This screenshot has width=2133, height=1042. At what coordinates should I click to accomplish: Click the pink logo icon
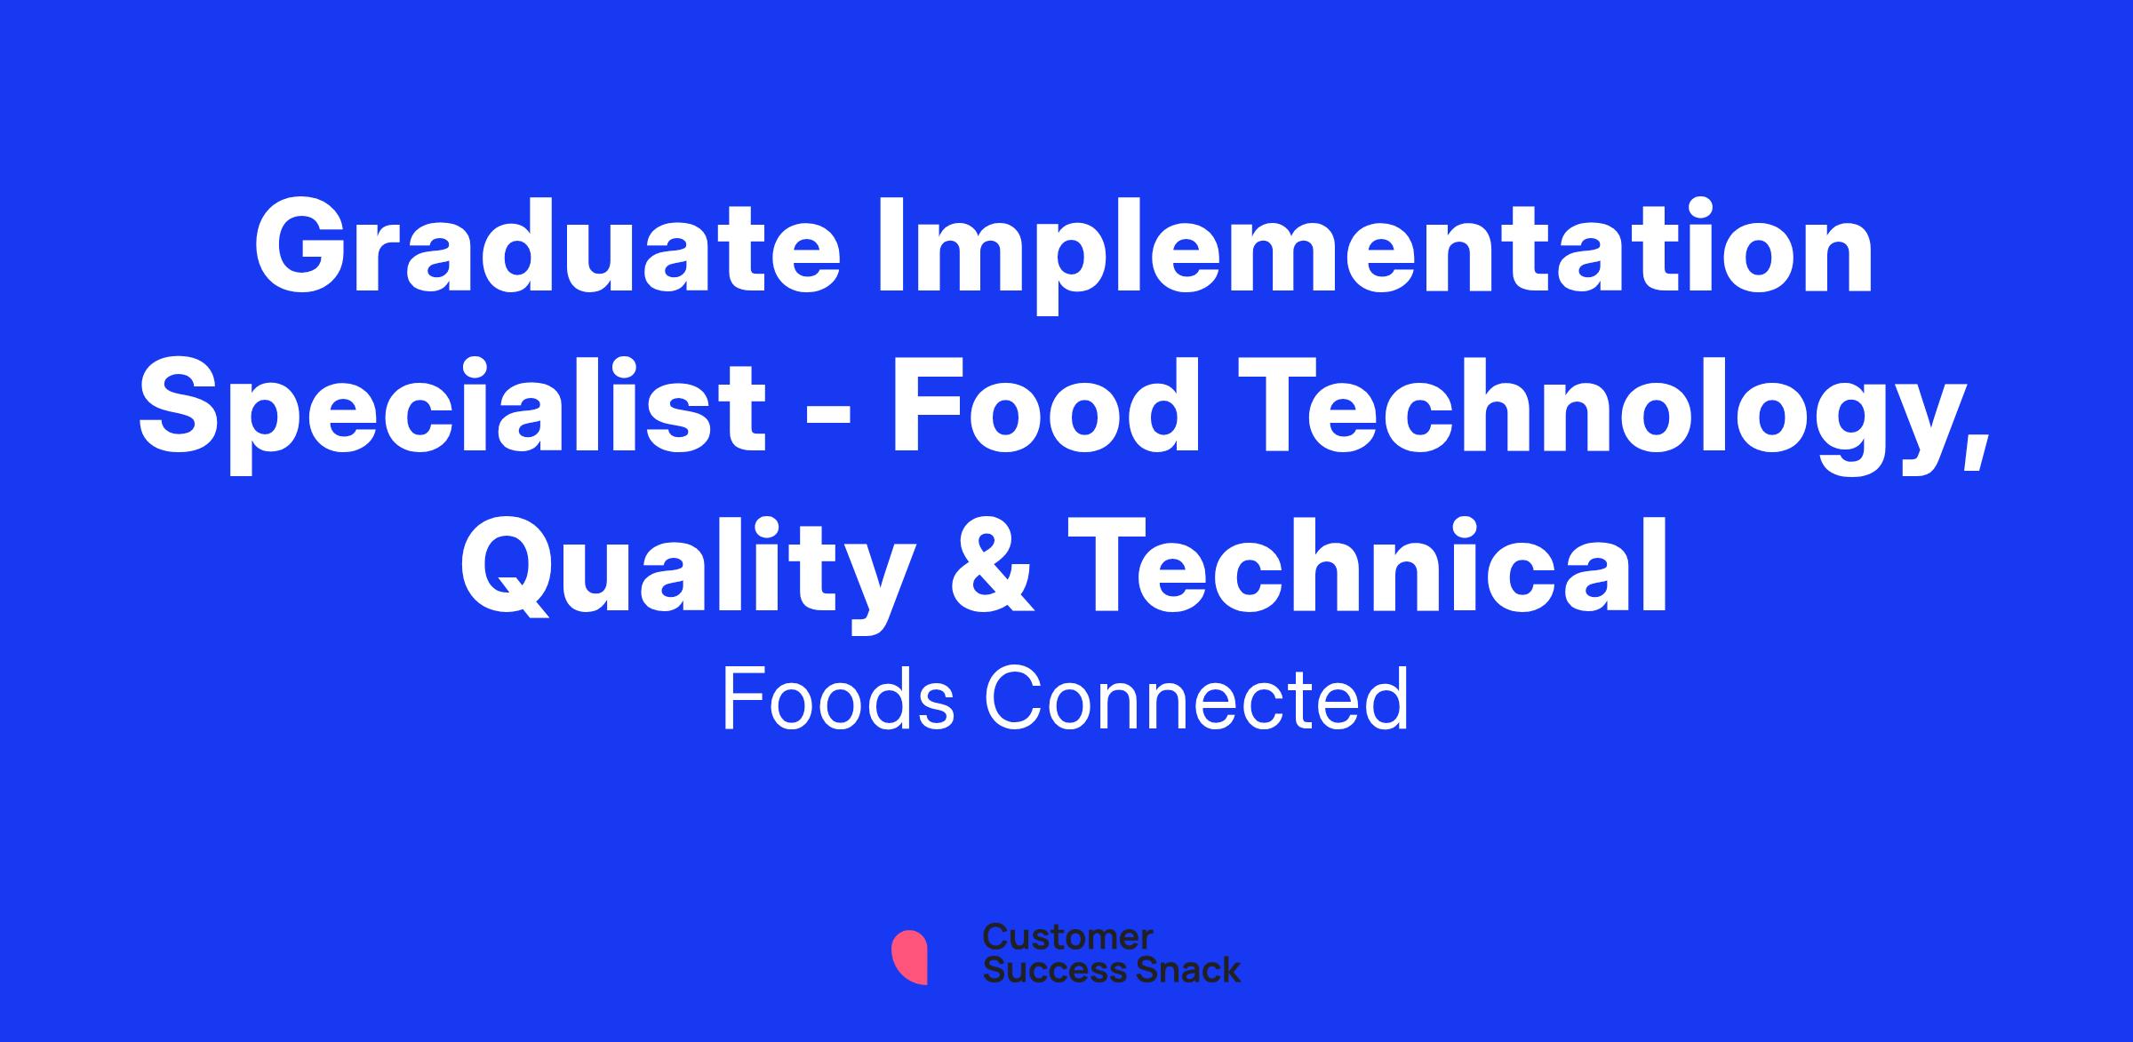click(x=909, y=957)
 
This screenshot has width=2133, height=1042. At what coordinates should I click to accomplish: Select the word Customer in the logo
click(x=1067, y=937)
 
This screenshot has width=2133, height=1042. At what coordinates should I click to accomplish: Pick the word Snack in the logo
click(x=1176, y=969)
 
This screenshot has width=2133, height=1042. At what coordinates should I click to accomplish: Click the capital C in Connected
click(x=1023, y=700)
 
